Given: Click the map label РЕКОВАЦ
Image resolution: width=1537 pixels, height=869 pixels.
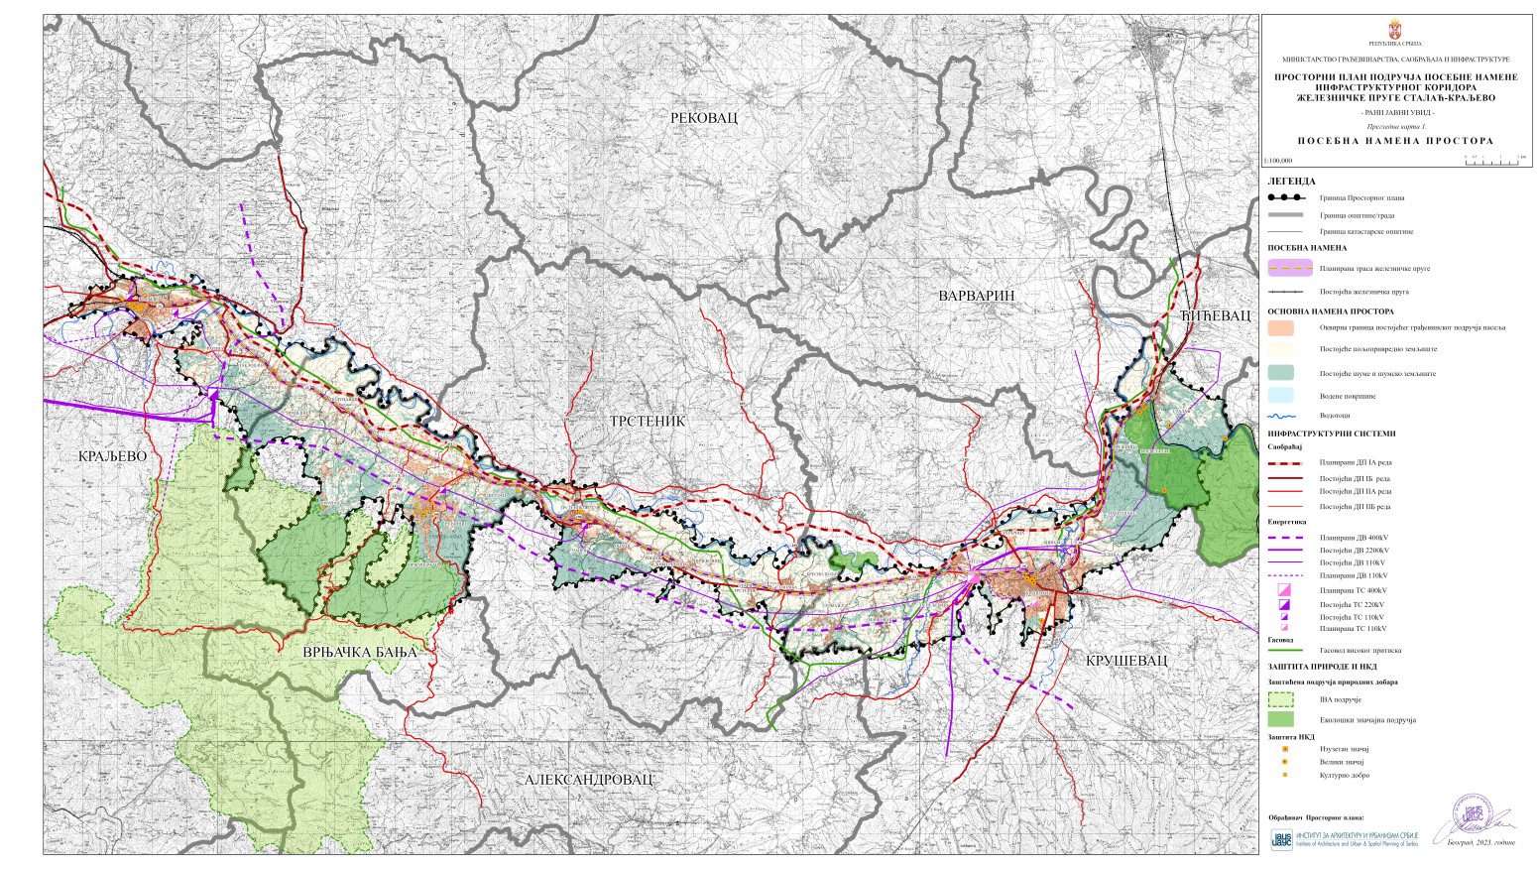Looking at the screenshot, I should coord(704,118).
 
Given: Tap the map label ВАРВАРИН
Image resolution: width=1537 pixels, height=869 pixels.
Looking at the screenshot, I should coord(977,296).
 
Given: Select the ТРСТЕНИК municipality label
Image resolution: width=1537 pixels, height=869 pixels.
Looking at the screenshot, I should coord(647,422).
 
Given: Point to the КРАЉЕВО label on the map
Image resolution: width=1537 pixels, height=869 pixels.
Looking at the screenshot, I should coord(112,456).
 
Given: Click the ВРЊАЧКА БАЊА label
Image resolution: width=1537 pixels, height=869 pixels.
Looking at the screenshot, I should coord(360,652).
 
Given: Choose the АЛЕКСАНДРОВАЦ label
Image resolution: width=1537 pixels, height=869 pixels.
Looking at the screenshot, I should coord(589,780).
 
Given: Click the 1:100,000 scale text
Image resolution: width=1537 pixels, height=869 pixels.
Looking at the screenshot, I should coord(1279,160).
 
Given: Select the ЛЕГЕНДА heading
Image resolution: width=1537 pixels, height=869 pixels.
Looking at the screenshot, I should coord(1291,182).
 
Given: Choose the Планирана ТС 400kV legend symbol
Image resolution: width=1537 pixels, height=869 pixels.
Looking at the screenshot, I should coord(1284,590).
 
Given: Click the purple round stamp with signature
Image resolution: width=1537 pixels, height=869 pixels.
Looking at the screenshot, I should coord(1472,813).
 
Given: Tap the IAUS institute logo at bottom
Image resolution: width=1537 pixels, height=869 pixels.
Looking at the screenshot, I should coord(1281,839).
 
